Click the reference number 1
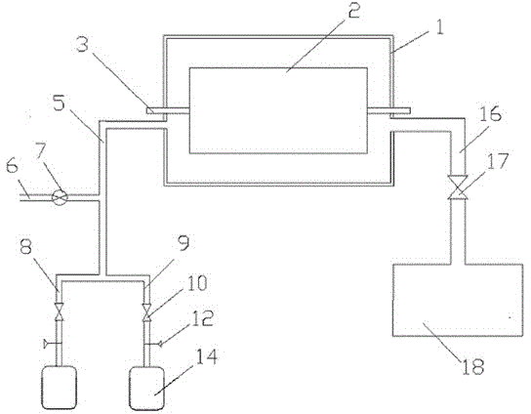click(x=438, y=27)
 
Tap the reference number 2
click(x=353, y=10)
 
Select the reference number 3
click(x=83, y=44)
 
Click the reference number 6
click(x=13, y=167)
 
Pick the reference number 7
click(x=41, y=152)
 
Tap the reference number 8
click(x=25, y=246)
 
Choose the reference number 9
click(x=184, y=242)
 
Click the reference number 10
click(x=196, y=283)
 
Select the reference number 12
click(x=202, y=318)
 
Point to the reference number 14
click(x=206, y=356)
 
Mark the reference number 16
click(x=490, y=114)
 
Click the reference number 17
click(x=498, y=160)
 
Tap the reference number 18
click(x=473, y=366)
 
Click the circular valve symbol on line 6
click(x=60, y=197)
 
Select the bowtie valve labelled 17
click(x=457, y=187)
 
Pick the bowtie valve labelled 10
click(x=147, y=312)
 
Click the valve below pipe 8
click(x=60, y=312)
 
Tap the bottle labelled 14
click(x=147, y=389)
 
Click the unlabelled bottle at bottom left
click(x=59, y=388)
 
